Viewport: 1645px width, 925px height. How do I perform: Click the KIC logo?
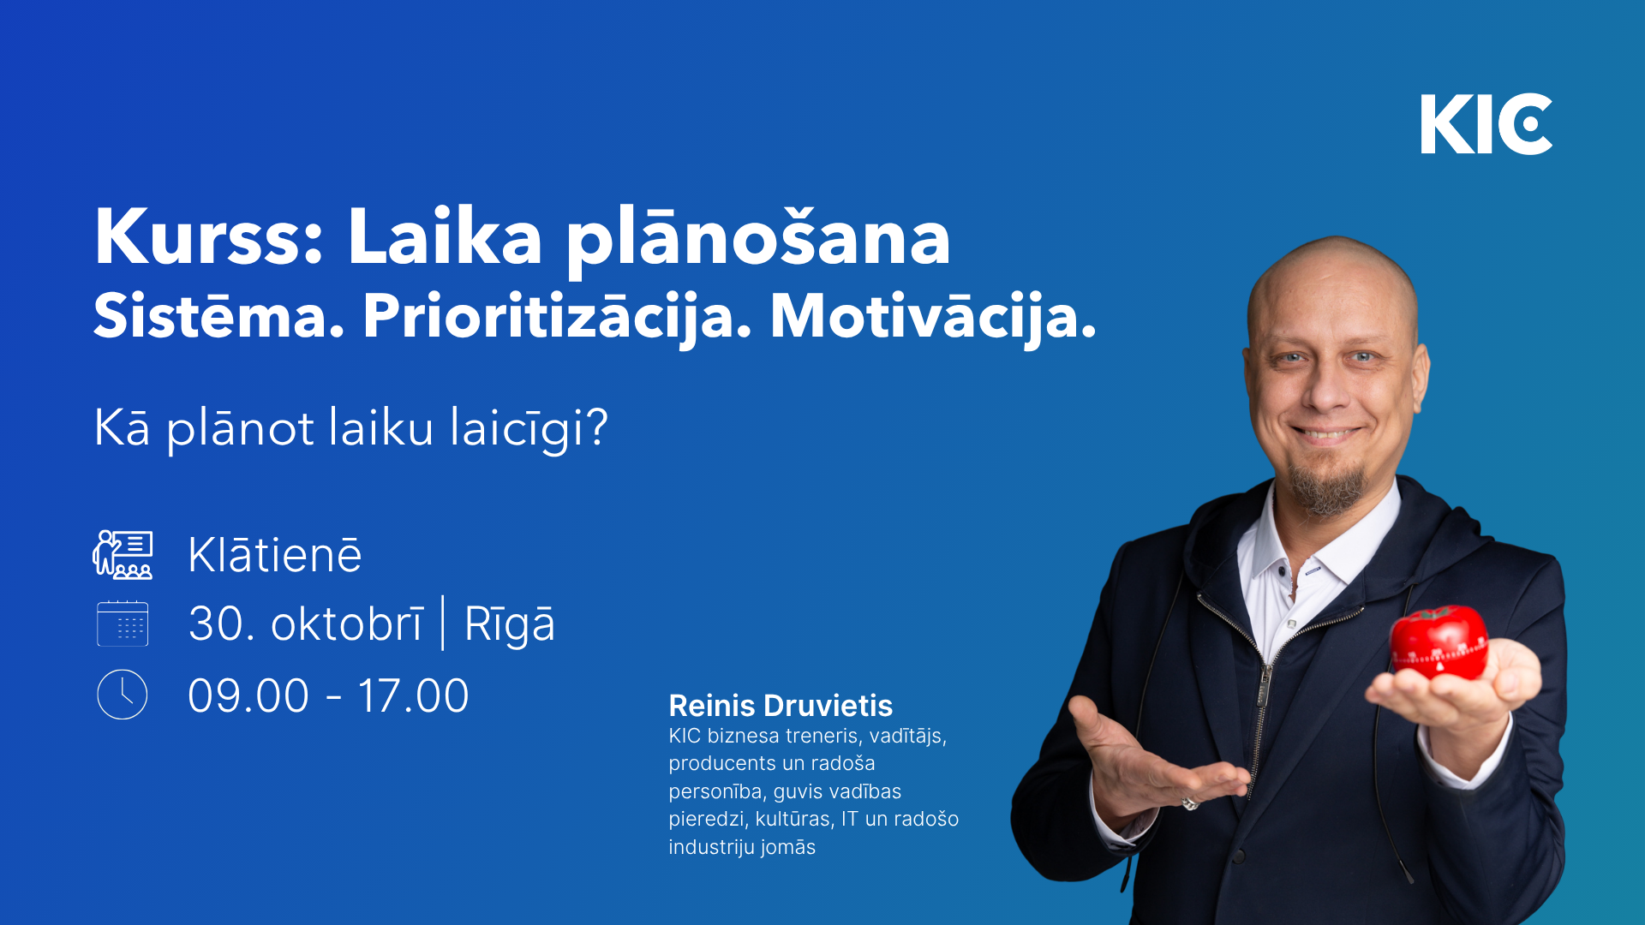click(1486, 124)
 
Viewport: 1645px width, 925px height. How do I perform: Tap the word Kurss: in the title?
click(209, 237)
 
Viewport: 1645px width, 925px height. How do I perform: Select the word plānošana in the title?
click(758, 240)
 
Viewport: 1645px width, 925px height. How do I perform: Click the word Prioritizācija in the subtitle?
click(557, 318)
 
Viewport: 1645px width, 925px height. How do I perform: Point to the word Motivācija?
click(933, 318)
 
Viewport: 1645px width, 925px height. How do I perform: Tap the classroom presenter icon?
click(123, 555)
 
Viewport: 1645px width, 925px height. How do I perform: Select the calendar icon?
click(123, 624)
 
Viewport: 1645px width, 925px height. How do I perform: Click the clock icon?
click(123, 695)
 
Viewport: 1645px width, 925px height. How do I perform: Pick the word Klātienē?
click(275, 555)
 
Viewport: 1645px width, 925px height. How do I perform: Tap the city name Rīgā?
click(510, 624)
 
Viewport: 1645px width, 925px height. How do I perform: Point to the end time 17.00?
click(414, 696)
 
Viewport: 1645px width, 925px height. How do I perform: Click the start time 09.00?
click(248, 696)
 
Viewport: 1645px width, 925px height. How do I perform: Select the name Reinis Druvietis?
click(781, 706)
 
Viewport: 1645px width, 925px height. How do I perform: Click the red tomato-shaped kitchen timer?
click(1439, 642)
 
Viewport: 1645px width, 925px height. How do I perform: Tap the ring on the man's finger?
click(1190, 803)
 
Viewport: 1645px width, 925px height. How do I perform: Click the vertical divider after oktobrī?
click(443, 624)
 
